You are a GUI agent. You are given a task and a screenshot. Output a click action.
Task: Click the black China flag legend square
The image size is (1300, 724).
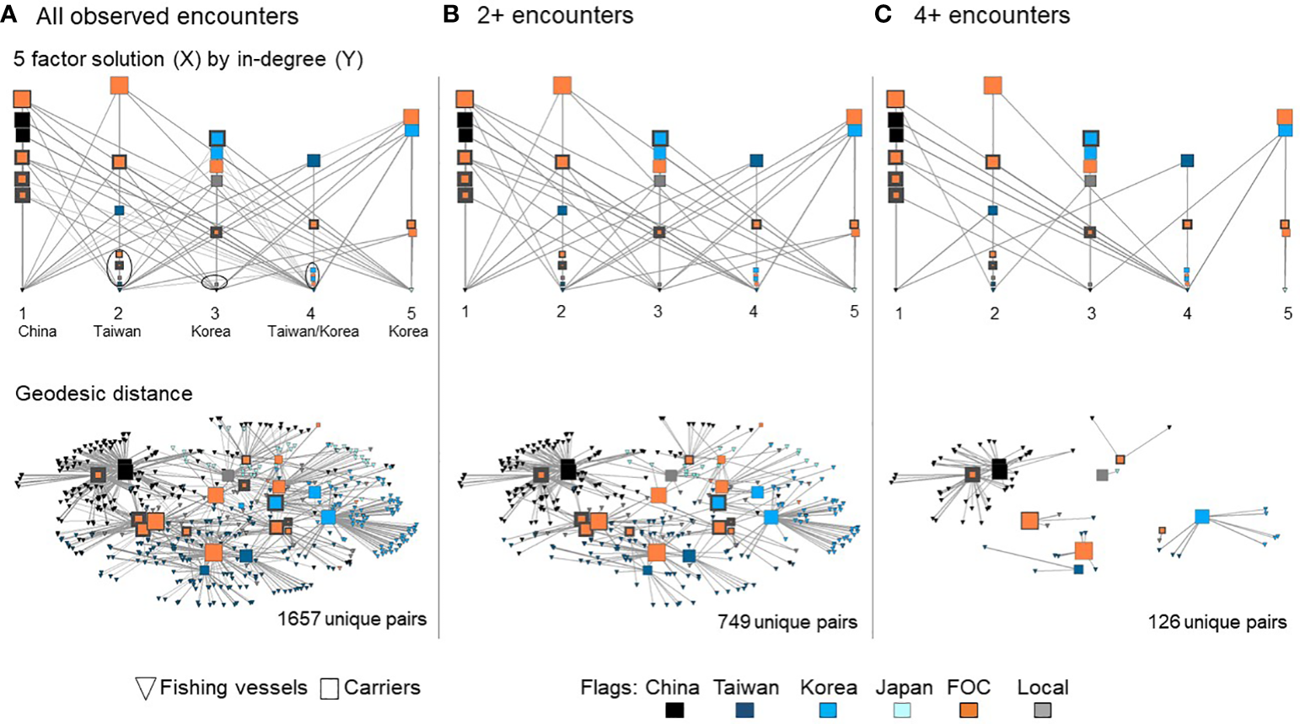coord(674,711)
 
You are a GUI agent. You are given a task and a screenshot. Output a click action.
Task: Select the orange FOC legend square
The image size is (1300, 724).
coord(969,711)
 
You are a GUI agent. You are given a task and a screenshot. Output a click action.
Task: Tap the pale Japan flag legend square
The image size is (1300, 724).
coord(904,711)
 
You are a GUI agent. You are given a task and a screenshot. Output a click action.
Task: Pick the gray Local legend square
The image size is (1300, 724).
coord(1043,711)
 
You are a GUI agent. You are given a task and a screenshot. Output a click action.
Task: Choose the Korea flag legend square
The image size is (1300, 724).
coord(829,711)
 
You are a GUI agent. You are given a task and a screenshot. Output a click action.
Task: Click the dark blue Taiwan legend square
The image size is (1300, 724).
coord(744,711)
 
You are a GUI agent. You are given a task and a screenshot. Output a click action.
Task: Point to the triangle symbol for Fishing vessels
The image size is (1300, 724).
coord(145,689)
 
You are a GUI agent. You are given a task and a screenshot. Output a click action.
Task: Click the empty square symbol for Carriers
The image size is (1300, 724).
coord(330,689)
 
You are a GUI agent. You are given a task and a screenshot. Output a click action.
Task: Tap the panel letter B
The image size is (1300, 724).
coord(451,14)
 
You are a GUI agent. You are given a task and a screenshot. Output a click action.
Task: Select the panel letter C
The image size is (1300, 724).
coord(884,14)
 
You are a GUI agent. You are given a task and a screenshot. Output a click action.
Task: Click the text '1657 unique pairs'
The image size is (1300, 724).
coord(352,619)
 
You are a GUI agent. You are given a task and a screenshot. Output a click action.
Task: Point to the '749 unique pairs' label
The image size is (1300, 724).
coord(787,622)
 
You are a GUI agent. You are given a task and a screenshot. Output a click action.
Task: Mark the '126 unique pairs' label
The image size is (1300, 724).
coord(1217,622)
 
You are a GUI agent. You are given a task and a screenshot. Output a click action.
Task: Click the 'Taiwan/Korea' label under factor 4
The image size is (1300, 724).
coord(313,331)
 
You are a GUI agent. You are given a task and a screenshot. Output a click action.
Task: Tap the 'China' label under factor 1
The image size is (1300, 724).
coord(37,331)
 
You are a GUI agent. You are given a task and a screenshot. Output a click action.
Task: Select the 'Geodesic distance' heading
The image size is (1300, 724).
coord(104,394)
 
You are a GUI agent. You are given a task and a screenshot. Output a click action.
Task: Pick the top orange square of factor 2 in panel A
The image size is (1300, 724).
coord(119,85)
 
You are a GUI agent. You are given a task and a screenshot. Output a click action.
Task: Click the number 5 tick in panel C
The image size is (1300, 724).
coord(1287,314)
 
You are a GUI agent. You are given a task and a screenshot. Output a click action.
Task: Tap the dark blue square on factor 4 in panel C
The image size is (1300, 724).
coord(1187,160)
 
